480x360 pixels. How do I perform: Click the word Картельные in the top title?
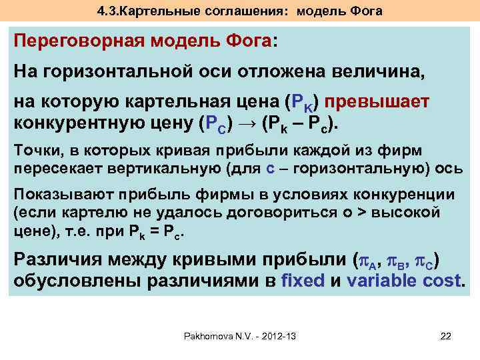(152, 11)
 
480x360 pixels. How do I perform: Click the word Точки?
(33, 150)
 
